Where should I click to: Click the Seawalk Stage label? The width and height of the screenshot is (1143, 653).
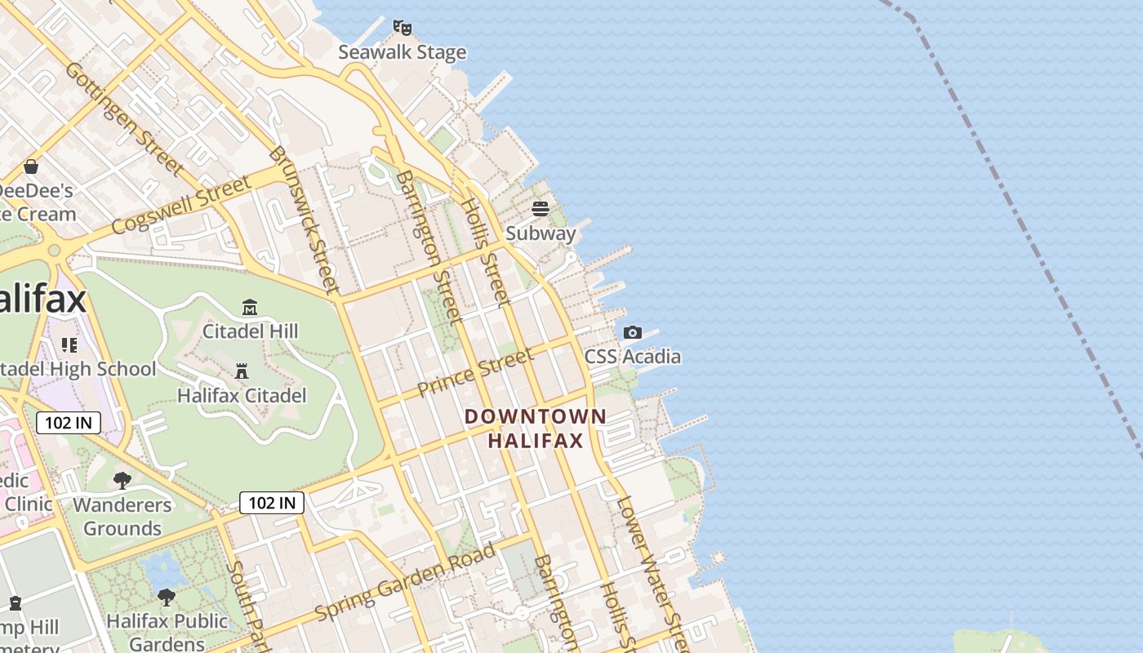coord(402,52)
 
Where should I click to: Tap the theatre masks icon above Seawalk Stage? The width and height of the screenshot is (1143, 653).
coord(402,28)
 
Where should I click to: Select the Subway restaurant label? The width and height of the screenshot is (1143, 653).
coord(540,233)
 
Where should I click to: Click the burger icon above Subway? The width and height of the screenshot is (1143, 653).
coord(540,209)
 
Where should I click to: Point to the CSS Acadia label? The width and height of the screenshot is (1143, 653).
coord(632,357)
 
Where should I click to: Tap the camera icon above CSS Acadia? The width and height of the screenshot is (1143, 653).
coord(632,333)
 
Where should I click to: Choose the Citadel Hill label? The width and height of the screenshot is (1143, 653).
coord(250,331)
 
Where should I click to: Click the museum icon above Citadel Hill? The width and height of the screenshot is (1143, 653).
coord(250,308)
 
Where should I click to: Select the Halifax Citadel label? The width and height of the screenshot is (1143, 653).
coord(242,396)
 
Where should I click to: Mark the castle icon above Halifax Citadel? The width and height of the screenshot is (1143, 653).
coord(242,372)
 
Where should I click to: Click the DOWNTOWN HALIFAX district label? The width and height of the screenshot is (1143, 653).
coord(536,429)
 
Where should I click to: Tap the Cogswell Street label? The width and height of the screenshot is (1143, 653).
coord(180,204)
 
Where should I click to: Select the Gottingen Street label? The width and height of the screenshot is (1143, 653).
coord(123,118)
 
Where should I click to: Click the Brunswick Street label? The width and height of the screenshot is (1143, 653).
coord(303,219)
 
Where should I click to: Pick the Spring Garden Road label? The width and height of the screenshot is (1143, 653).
coord(405,580)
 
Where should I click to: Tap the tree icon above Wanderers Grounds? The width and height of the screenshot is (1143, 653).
coord(122,481)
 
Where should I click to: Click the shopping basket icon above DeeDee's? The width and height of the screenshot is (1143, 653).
coord(31,167)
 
